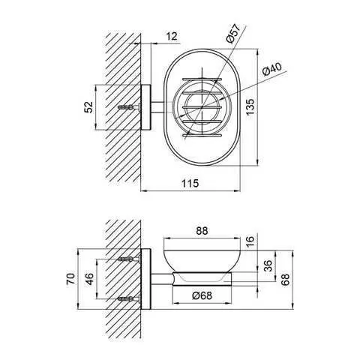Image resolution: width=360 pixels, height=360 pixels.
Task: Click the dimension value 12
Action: tap(172, 36)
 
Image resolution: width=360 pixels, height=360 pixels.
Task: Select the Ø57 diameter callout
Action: tap(232, 33)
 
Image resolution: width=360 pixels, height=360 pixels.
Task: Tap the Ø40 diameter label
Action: tap(272, 69)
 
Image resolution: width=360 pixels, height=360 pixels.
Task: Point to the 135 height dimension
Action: tap(250, 107)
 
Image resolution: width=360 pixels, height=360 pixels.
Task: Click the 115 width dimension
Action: tap(190, 184)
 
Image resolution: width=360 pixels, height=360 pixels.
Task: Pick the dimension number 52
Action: tap(88, 107)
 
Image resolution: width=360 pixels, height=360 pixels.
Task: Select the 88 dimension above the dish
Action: tap(202, 231)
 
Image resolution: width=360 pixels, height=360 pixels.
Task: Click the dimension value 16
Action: tap(250, 241)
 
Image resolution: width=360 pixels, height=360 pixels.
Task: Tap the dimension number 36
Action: tap(268, 265)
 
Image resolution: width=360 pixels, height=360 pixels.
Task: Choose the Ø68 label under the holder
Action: tap(202, 295)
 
